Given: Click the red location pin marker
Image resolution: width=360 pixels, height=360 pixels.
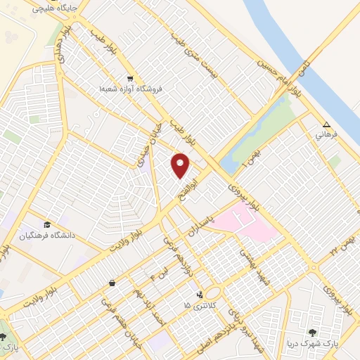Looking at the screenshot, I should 181,165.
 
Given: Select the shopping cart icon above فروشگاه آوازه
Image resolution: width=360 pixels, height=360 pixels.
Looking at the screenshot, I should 130,78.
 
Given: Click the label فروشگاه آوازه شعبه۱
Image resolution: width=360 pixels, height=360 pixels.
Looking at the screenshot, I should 131,88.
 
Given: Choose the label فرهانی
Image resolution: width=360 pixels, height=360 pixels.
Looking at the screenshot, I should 326,134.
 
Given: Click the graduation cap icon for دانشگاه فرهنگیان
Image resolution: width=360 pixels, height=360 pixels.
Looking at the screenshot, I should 47,224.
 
